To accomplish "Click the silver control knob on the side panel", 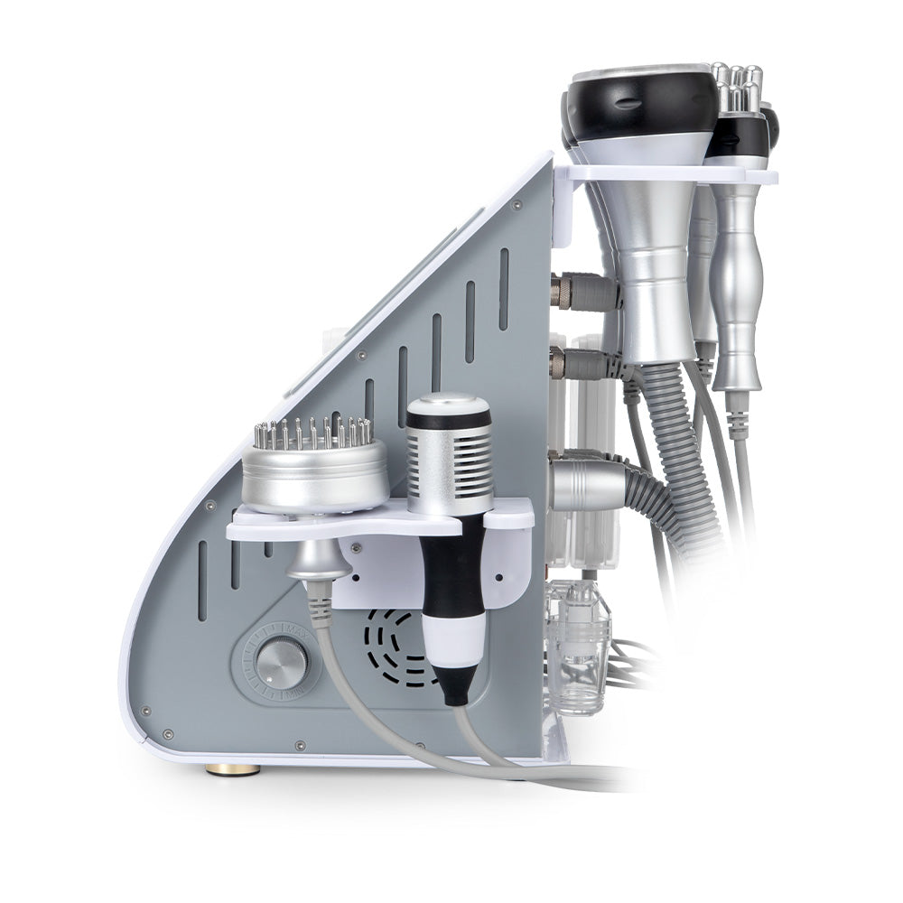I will (281, 663).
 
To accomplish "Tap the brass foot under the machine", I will (234, 768).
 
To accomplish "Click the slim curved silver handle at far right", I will (739, 289).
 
